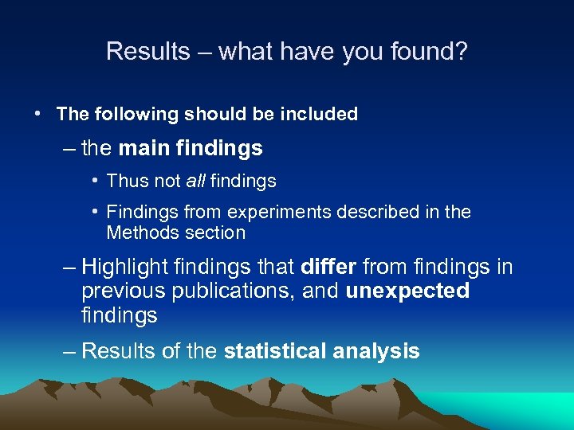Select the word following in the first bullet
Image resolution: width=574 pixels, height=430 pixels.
pos(136,114)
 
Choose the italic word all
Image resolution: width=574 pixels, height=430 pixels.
pos(196,182)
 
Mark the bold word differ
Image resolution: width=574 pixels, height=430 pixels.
pos(328,266)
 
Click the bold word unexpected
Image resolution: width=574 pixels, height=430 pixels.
pos(407,291)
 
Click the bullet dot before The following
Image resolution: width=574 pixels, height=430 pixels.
pos(38,114)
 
